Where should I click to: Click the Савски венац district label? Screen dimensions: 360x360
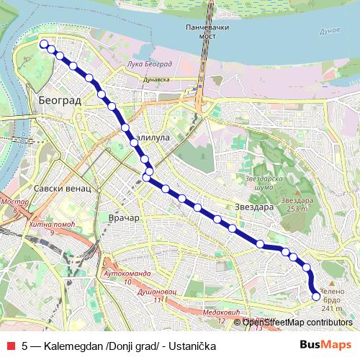(x=62, y=188)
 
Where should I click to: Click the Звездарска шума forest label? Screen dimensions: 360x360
(x=259, y=181)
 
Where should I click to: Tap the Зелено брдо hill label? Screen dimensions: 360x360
(x=331, y=297)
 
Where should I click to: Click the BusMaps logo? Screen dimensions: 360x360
(x=325, y=346)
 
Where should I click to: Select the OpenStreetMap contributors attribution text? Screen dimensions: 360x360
(x=293, y=322)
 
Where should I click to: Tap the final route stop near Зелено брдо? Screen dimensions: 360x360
(x=315, y=296)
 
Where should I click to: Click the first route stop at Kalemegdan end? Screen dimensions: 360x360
(x=44, y=44)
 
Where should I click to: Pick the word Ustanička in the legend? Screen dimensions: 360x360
(x=193, y=346)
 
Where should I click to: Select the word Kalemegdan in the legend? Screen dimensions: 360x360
(x=73, y=346)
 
